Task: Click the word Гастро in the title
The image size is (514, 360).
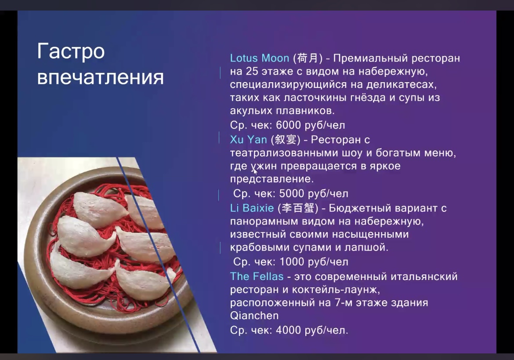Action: pyautogui.click(x=71, y=52)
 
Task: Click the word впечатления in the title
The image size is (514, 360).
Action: pyautogui.click(x=100, y=77)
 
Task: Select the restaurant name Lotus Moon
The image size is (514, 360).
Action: pyautogui.click(x=260, y=58)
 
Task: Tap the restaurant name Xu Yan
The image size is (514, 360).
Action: pyautogui.click(x=249, y=140)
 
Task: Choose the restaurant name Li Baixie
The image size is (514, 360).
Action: pyautogui.click(x=252, y=208)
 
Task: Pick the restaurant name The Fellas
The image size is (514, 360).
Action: pyautogui.click(x=257, y=276)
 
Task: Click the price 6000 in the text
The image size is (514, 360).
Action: pyautogui.click(x=289, y=125)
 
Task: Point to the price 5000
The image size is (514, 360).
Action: pyautogui.click(x=292, y=193)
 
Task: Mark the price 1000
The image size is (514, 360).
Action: pyautogui.click(x=292, y=262)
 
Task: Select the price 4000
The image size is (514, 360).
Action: pyautogui.click(x=289, y=330)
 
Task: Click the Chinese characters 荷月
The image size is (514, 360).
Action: pyautogui.click(x=308, y=58)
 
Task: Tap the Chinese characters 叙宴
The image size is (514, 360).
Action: pyautogui.click(x=285, y=140)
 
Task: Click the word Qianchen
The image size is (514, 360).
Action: pyautogui.click(x=254, y=316)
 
